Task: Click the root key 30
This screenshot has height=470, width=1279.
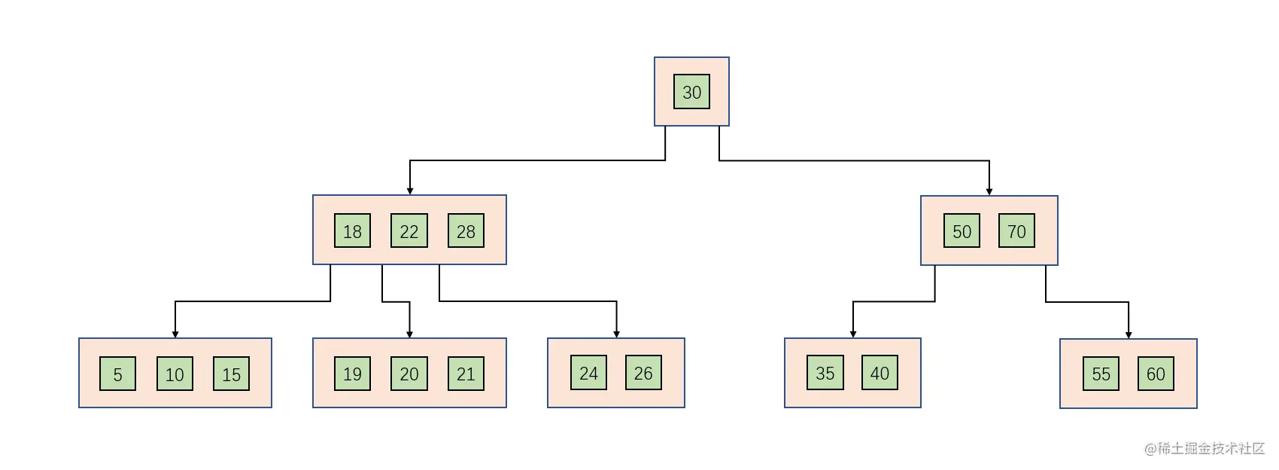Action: (691, 91)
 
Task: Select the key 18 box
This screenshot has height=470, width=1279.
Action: (352, 230)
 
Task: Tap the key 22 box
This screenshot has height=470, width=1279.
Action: (409, 230)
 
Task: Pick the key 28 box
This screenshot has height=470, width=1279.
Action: (466, 230)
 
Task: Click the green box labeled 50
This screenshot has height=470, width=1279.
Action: (962, 230)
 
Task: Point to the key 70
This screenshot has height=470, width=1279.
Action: (1016, 230)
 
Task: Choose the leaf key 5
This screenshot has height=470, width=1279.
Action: (117, 374)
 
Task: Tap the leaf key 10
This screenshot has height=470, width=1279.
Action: (175, 374)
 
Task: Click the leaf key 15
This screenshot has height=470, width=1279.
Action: (231, 374)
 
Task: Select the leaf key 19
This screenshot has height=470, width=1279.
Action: (352, 374)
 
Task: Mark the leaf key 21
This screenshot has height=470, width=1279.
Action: (466, 374)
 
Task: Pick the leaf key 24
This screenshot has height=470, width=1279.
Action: (588, 373)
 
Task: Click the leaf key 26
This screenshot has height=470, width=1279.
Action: (643, 373)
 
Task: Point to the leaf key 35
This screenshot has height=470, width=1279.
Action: (825, 373)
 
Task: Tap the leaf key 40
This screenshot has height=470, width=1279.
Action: (880, 373)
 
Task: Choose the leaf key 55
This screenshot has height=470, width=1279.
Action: (1101, 374)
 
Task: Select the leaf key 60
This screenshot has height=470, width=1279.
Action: (1156, 374)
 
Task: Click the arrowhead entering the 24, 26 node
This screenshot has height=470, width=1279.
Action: (617, 334)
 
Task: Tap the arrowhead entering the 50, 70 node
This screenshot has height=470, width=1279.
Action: (989, 192)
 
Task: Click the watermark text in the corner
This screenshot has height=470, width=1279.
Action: (1205, 448)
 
